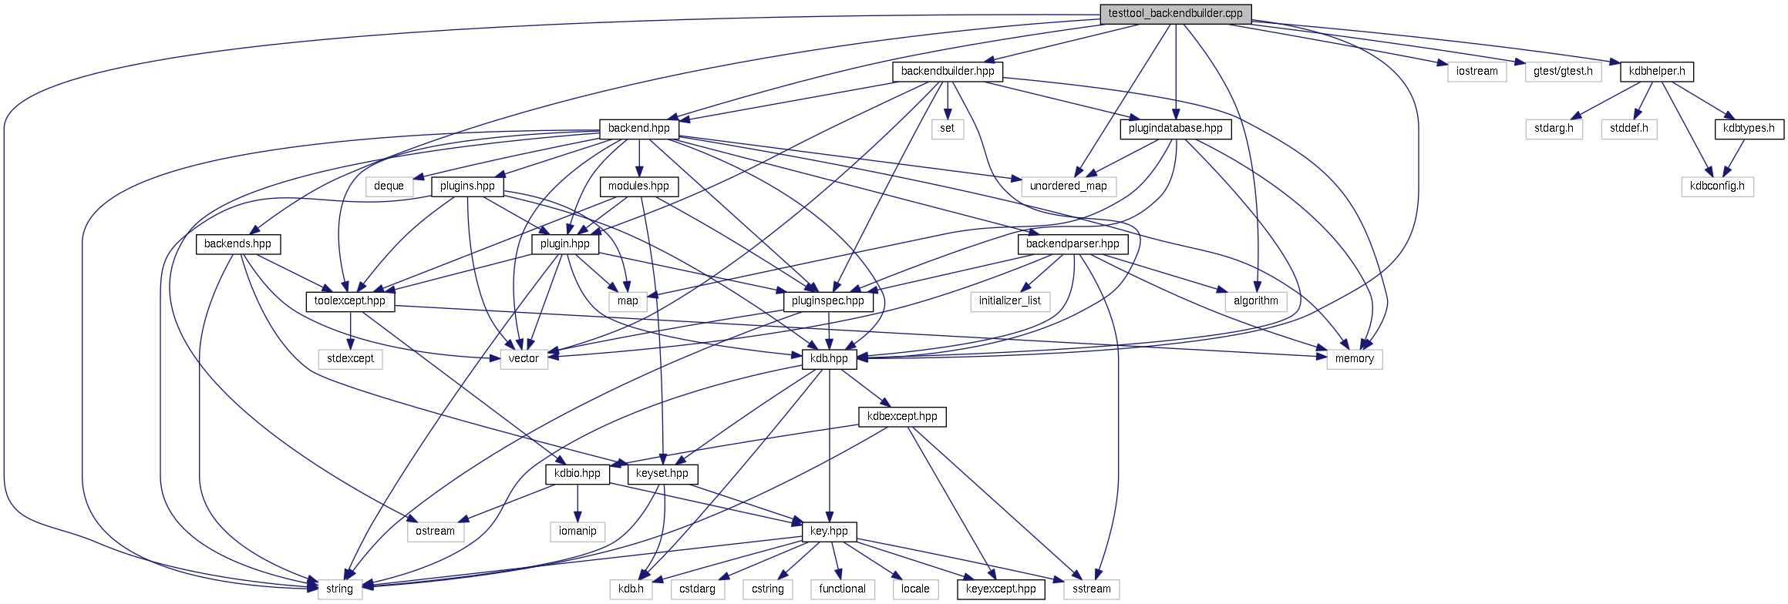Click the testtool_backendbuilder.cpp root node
coord(1175,14)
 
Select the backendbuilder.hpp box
coord(948,72)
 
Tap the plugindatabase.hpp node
coord(1175,129)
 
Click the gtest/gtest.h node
coord(1563,72)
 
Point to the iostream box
coord(1477,72)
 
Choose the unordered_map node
coord(1068,186)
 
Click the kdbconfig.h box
coord(1717,186)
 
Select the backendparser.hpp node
coord(1072,244)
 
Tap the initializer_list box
coord(1009,301)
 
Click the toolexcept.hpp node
coord(350,301)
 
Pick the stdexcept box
coord(350,359)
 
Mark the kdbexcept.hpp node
coord(902,417)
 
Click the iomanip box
coord(577,532)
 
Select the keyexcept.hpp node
coord(1001,589)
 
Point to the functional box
coord(842,589)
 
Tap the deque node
coord(389,186)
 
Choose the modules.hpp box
coord(638,186)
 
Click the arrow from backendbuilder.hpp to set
coord(947,100)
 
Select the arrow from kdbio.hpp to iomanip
coord(577,504)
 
